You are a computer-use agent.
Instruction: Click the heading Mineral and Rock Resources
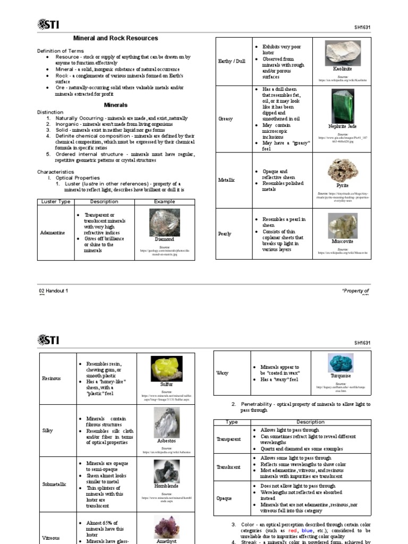[115, 38]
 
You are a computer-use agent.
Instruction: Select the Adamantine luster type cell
[53, 233]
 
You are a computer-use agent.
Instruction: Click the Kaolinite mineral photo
[342, 53]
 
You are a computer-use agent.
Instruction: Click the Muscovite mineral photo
[342, 225]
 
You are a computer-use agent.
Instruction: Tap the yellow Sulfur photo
[166, 368]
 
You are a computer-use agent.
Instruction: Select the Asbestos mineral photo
[166, 423]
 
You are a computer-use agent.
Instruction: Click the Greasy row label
[226, 119]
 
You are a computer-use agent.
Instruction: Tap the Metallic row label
[227, 180]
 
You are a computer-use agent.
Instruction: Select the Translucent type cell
[228, 467]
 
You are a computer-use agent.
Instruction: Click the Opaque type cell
[224, 498]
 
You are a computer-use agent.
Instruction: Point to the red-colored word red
[293, 531]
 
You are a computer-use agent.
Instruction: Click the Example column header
[164, 202]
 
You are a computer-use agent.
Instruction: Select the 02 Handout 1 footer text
[54, 291]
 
